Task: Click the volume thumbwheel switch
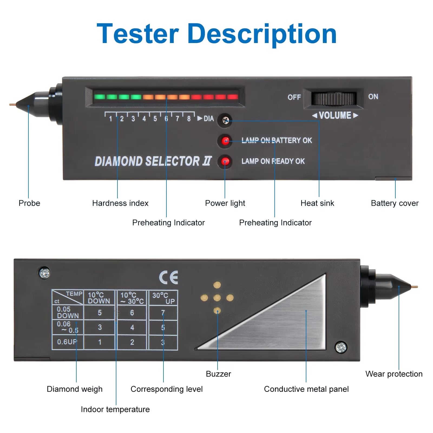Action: click(x=334, y=99)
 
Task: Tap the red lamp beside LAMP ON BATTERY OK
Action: click(x=225, y=141)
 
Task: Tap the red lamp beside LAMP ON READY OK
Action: click(x=225, y=162)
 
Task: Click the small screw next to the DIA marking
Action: click(x=225, y=120)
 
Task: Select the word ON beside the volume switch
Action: click(x=373, y=97)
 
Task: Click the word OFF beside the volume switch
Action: click(x=294, y=97)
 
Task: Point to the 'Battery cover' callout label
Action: click(x=394, y=203)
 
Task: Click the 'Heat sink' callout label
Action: click(x=317, y=203)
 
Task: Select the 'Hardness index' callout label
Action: click(x=120, y=203)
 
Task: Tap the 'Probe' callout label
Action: click(x=29, y=203)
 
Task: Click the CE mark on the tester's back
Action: click(x=168, y=277)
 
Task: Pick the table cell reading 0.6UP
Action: click(x=67, y=342)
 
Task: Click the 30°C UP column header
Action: click(x=163, y=298)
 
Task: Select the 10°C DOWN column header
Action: click(x=99, y=298)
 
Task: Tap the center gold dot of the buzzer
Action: click(x=217, y=298)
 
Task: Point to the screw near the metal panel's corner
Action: click(x=341, y=347)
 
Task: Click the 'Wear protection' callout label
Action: click(x=393, y=374)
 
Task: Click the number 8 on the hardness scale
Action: click(x=189, y=119)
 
